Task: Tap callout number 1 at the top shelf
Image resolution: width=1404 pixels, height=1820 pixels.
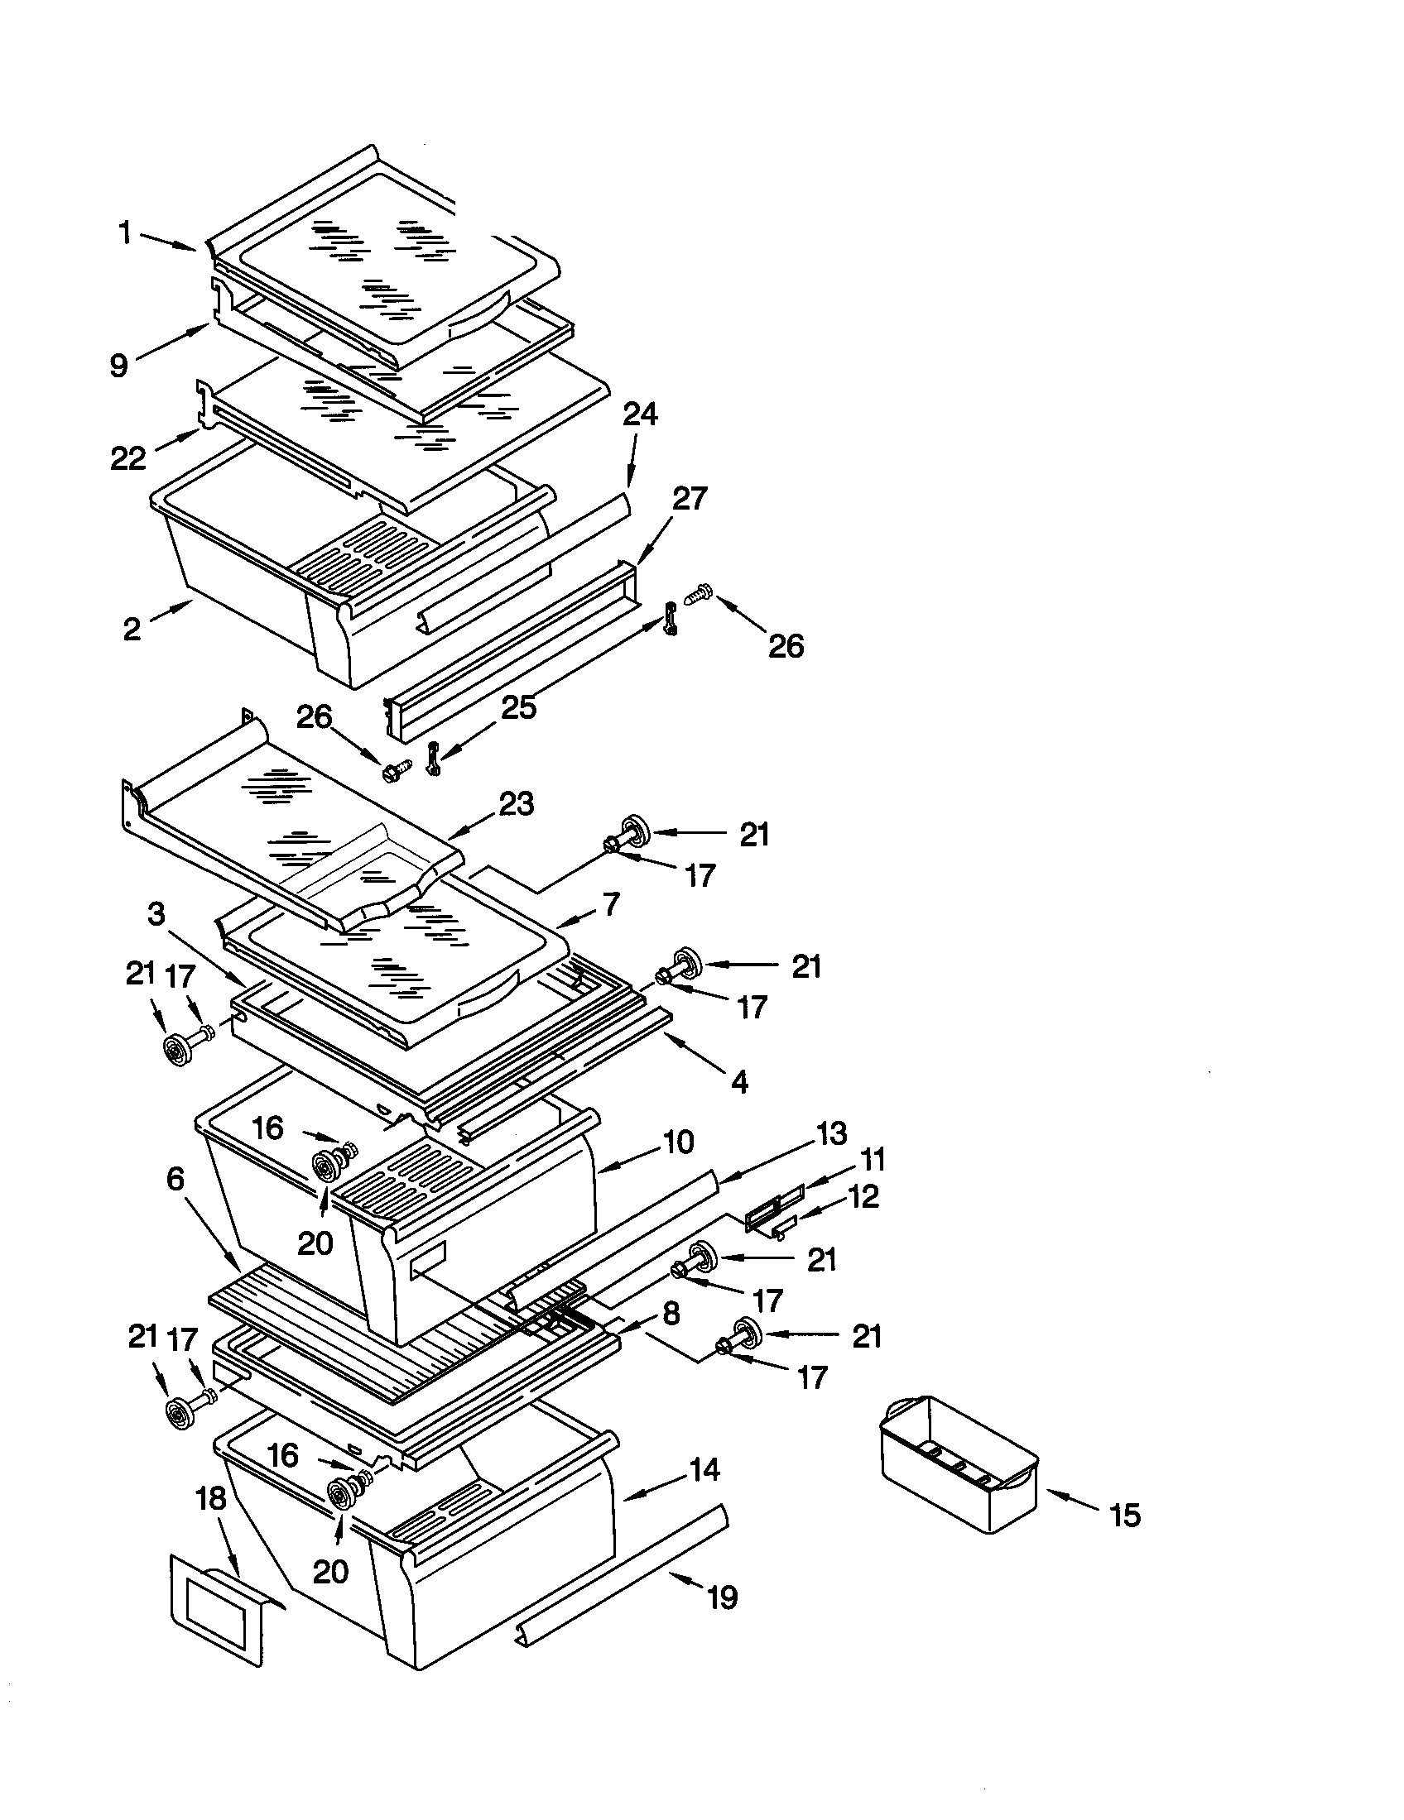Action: coord(125,233)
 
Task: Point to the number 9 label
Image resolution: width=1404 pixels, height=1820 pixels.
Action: coord(120,365)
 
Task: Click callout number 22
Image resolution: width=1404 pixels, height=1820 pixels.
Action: coord(128,457)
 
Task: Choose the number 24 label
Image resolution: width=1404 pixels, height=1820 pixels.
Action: coord(640,414)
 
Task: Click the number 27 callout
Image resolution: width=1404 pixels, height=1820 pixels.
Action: coord(689,498)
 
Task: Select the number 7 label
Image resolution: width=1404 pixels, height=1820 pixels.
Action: coord(611,904)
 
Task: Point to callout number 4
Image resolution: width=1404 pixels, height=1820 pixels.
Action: coord(738,1082)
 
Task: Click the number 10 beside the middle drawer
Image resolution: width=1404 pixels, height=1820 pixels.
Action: coord(679,1142)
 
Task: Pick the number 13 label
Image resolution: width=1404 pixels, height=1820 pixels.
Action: coord(830,1133)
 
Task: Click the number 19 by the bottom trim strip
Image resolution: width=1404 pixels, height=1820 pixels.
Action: coord(722,1597)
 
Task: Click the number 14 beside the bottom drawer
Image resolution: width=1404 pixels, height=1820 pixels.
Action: coord(704,1469)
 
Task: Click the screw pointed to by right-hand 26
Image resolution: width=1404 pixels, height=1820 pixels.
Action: coord(696,595)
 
